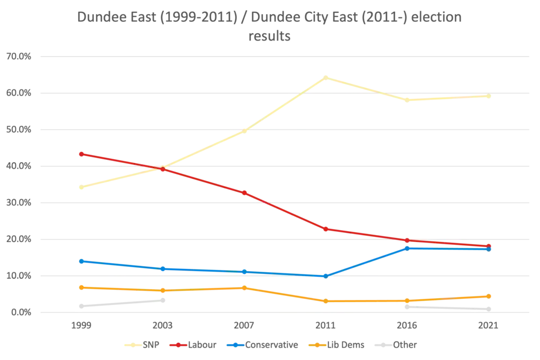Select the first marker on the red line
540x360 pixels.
[81, 153]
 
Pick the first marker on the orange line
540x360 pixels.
[81, 287]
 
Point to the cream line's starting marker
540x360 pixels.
[81, 188]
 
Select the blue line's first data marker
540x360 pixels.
[81, 260]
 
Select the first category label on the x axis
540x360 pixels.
[81, 326]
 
